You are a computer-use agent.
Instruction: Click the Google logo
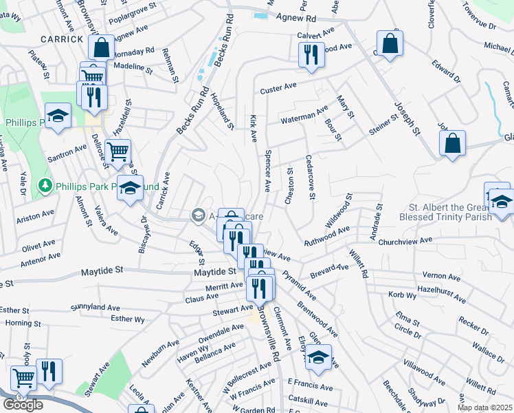point(23,404)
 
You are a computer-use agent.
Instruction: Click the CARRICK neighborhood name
point(61,39)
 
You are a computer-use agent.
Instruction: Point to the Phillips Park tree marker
point(45,186)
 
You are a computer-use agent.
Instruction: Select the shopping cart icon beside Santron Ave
point(118,150)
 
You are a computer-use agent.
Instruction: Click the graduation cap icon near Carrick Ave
point(129,187)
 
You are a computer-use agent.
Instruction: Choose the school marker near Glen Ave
point(318,357)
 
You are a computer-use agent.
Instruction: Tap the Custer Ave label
point(278,89)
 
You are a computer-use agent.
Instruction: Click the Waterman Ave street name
point(304,115)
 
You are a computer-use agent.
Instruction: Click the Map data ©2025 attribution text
point(485,407)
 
